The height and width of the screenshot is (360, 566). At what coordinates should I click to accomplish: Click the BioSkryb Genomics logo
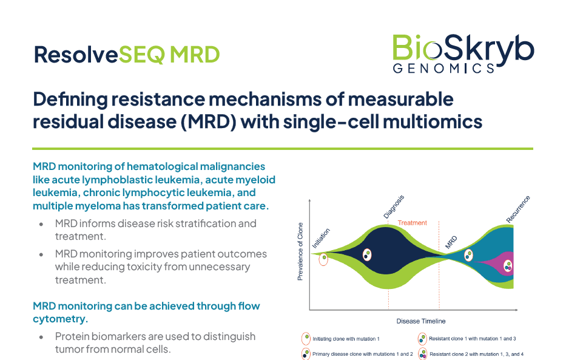pos(463,54)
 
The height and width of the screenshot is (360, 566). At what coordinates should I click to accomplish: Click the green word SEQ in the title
pos(142,55)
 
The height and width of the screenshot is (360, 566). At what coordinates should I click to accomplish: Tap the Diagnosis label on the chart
pos(394,207)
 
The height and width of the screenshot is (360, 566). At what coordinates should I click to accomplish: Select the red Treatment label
pos(413,223)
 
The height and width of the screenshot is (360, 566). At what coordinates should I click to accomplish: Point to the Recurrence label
pos(518,209)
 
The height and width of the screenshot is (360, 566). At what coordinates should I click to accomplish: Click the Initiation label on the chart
pos(321,238)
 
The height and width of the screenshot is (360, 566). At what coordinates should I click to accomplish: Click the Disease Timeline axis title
pos(421,321)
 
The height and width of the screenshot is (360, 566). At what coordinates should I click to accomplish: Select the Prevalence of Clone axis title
pos(300,251)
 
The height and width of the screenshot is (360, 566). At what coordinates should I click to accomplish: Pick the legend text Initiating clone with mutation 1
pos(346,339)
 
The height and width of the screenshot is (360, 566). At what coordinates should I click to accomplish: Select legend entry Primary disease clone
pos(357,354)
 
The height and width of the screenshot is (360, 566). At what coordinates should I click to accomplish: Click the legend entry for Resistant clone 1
pos(467,339)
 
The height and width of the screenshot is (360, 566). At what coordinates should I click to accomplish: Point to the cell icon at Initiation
pos(323,259)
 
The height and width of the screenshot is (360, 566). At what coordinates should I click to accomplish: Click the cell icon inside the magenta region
pos(508,266)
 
